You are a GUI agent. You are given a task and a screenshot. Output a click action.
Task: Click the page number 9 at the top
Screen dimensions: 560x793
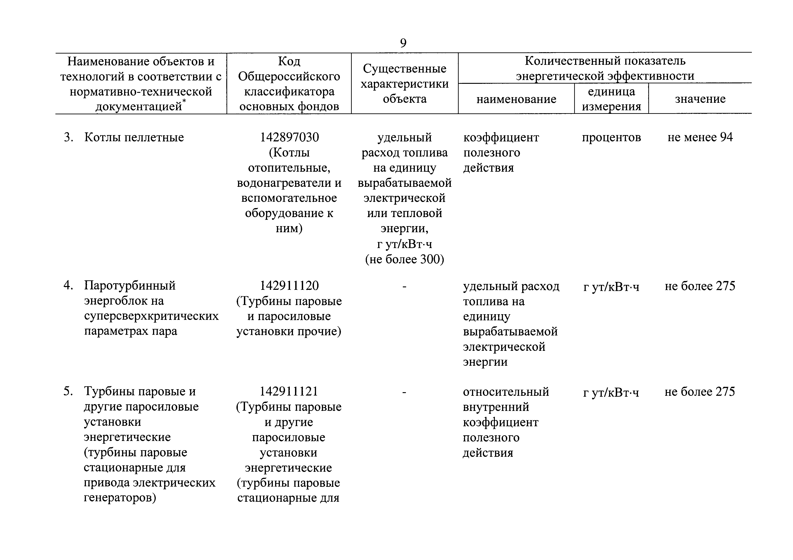point(403,43)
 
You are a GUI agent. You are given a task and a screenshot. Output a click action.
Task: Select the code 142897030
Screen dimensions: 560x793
point(289,137)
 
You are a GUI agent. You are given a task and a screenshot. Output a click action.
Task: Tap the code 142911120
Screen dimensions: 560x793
point(289,286)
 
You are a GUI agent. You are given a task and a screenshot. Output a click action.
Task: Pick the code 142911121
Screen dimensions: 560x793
point(289,391)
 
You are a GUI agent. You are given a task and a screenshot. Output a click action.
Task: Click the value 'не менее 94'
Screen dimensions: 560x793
point(700,137)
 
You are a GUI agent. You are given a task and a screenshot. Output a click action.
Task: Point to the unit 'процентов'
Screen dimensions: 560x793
point(611,137)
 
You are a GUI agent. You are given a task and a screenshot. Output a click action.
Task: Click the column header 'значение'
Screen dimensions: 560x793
point(700,99)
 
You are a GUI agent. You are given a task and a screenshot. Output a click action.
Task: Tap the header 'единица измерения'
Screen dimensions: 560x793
point(611,99)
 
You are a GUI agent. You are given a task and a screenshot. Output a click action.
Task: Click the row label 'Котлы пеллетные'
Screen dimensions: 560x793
point(134,137)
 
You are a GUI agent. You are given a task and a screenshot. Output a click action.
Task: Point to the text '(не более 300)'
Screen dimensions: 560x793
point(404,259)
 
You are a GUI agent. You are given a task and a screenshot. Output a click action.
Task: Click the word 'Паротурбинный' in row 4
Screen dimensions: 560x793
point(130,286)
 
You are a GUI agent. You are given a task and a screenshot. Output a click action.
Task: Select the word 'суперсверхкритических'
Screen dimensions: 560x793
point(151,316)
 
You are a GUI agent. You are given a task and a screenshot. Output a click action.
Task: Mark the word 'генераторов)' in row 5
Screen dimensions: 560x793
point(120,498)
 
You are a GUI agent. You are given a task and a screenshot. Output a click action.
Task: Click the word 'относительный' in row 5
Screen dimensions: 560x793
point(506,392)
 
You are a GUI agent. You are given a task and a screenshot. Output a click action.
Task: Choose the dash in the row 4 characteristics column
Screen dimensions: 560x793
point(404,286)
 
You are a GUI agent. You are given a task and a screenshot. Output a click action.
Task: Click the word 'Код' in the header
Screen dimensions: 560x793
point(289,61)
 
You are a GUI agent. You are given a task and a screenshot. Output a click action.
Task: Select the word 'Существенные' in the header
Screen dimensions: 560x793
point(404,69)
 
